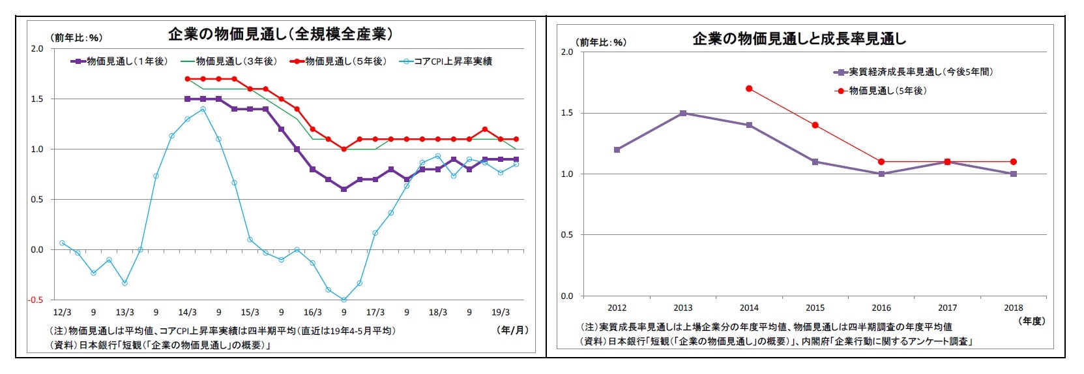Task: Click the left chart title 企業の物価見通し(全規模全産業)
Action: point(280,34)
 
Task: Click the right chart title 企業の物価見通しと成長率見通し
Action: point(798,39)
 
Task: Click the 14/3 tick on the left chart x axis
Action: point(187,313)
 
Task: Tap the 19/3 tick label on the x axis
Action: point(500,313)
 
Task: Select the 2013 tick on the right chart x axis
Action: point(682,308)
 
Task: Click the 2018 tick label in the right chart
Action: point(1013,308)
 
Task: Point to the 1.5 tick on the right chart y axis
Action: point(566,114)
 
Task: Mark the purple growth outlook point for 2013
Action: point(683,113)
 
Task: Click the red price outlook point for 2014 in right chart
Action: point(749,88)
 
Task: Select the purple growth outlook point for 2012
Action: point(617,149)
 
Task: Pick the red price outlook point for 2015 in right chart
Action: point(815,125)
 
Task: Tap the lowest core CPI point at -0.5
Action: point(344,300)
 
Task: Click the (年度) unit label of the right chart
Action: point(1031,321)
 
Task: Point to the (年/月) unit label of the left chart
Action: point(512,330)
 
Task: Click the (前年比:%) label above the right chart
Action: point(602,42)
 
